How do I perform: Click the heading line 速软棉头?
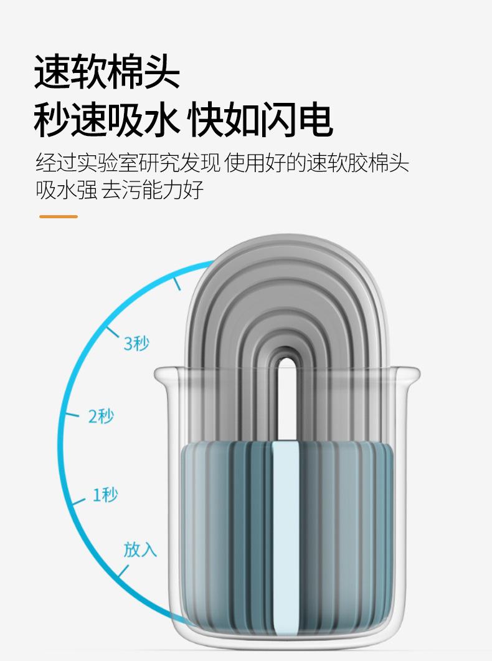pos(107,72)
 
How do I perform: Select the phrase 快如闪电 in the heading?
pos(262,120)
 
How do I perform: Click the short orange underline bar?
pos(59,216)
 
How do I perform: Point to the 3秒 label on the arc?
pos(136,344)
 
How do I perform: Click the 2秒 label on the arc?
pos(101,416)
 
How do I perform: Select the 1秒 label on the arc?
pos(105,495)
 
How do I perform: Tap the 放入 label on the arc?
pos(140,550)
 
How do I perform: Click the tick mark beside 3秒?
pos(112,331)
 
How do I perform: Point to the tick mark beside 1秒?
pos(78,501)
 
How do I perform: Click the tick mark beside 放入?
pos(123,571)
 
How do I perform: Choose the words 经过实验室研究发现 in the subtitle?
pos(128,163)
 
